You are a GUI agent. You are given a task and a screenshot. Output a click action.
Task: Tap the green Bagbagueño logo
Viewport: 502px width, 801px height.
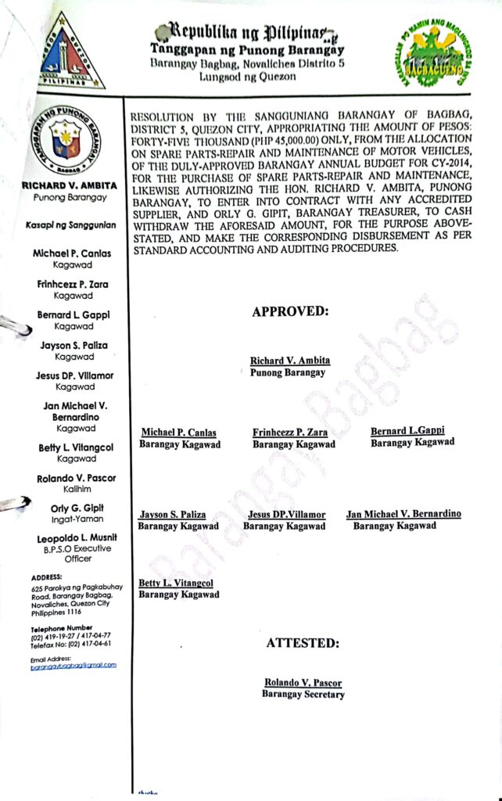(x=428, y=54)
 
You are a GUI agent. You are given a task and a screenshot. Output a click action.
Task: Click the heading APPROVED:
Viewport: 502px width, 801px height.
(x=290, y=311)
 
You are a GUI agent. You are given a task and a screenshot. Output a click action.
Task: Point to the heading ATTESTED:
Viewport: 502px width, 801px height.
(x=303, y=643)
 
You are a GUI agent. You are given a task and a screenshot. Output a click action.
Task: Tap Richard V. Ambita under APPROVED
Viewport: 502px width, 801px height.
(x=290, y=361)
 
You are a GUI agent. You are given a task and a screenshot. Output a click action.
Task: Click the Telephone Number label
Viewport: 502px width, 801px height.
(x=62, y=628)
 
